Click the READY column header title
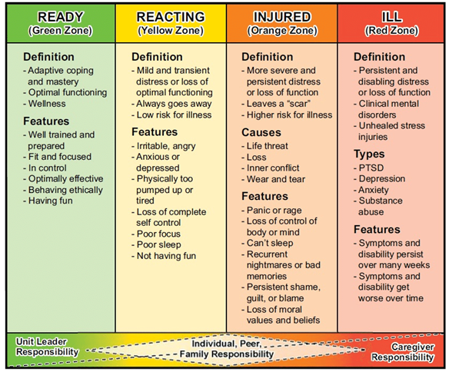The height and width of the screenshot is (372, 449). (61, 17)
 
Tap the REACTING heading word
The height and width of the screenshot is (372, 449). (171, 17)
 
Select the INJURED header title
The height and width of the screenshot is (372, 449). (282, 17)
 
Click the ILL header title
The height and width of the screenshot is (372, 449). (392, 17)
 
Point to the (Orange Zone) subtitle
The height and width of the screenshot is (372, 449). (282, 31)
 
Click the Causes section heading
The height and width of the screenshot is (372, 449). (261, 132)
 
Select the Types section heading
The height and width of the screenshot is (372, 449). (369, 154)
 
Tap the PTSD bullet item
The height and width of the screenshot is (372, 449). (369, 168)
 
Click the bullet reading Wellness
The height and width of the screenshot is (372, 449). (45, 104)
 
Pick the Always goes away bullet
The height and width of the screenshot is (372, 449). (171, 104)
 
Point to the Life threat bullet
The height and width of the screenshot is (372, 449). (265, 146)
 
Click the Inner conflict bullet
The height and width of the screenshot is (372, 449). (271, 168)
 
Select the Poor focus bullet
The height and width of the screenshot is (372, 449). (156, 234)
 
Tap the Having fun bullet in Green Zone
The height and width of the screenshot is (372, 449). (48, 201)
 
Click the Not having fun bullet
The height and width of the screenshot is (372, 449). (164, 256)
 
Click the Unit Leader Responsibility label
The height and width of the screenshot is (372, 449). (47, 347)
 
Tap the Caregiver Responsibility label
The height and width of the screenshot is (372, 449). (403, 352)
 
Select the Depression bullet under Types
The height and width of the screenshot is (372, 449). (380, 179)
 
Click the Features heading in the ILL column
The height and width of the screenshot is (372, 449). (377, 230)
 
